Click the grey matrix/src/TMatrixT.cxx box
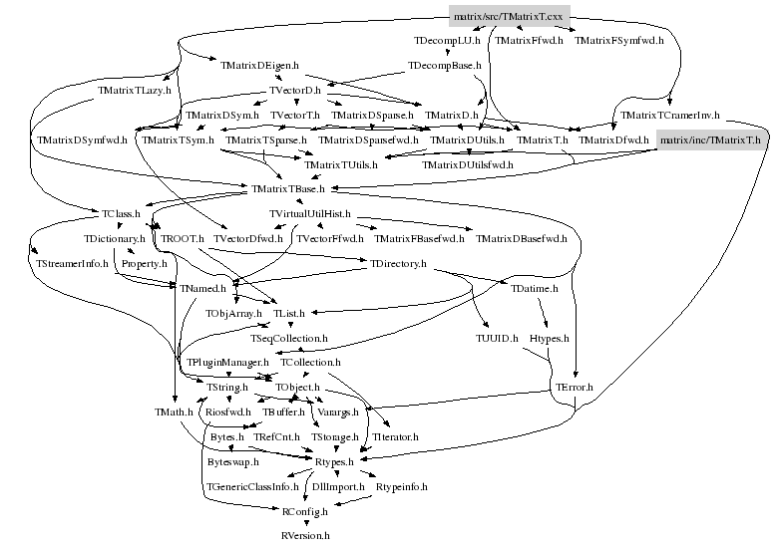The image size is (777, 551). [x=509, y=16]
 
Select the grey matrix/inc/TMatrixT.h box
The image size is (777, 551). [x=710, y=140]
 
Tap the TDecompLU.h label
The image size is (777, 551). [x=448, y=41]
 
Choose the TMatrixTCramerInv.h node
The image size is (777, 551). [x=669, y=116]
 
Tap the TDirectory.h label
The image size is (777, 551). [x=398, y=264]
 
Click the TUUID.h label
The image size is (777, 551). [x=497, y=339]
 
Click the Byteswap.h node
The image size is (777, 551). [x=232, y=461]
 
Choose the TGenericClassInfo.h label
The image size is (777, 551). [x=252, y=486]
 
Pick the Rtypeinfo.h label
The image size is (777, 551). [x=401, y=486]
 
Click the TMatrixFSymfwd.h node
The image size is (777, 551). [x=621, y=41]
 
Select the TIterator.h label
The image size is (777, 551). [x=394, y=436]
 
